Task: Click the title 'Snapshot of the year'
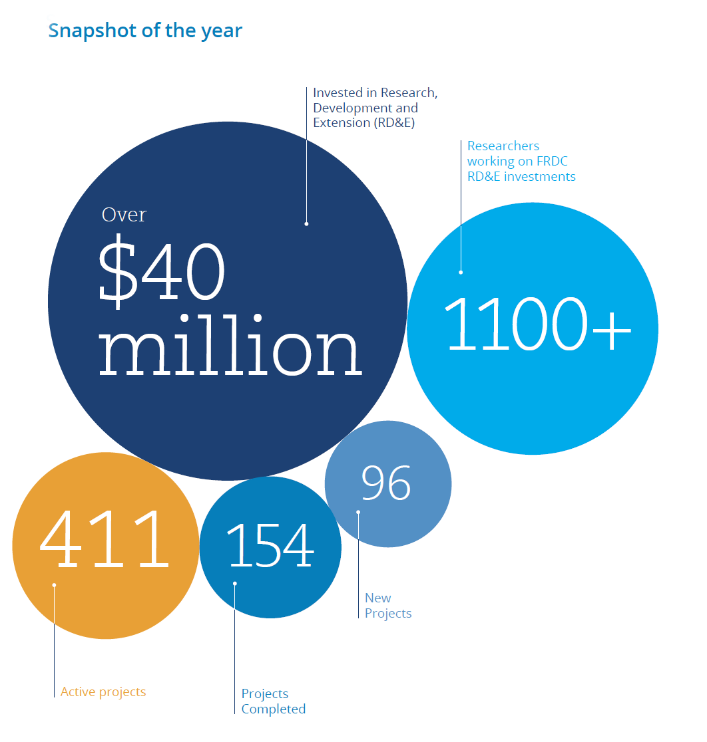click(145, 31)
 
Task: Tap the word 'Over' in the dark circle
click(124, 215)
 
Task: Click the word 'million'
click(230, 345)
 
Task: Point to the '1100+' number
click(538, 324)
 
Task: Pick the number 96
click(386, 483)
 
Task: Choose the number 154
click(270, 545)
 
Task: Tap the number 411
click(105, 539)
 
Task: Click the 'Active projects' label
click(103, 692)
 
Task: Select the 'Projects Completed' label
click(274, 701)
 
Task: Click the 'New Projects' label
click(388, 606)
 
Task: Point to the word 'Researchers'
click(503, 146)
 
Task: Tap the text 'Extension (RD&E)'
click(364, 123)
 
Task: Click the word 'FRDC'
click(552, 162)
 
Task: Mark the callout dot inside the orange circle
click(54, 585)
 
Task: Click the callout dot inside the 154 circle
click(234, 584)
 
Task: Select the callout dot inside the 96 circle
click(358, 512)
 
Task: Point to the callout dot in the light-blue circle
click(461, 273)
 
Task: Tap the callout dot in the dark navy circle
click(307, 224)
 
